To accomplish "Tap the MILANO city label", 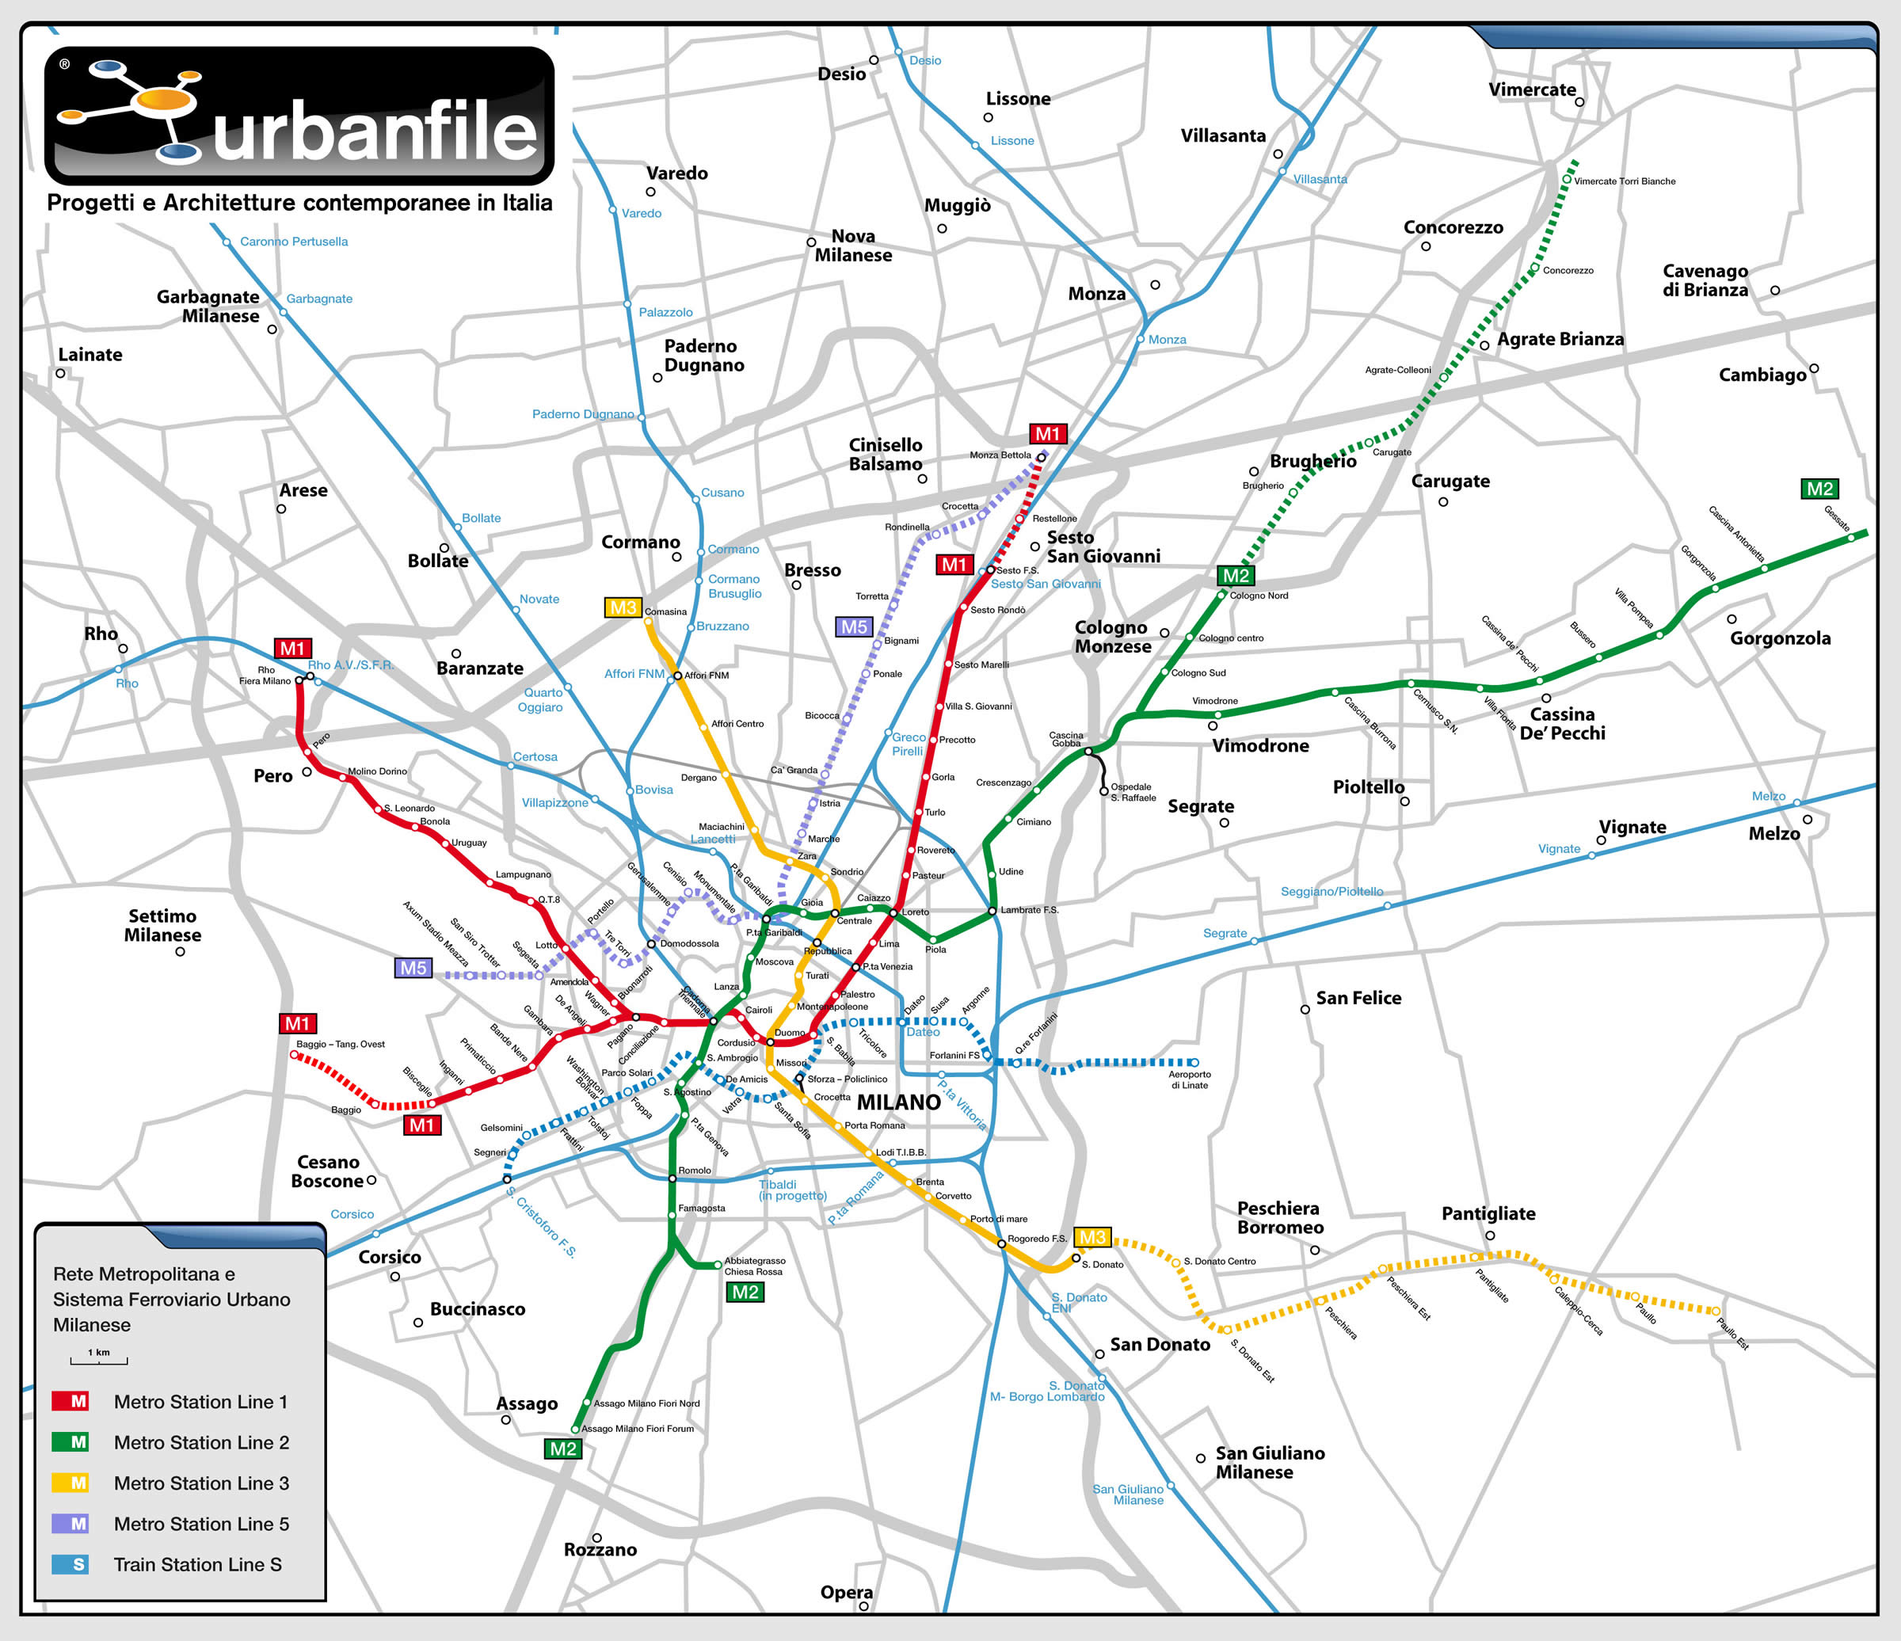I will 898,1102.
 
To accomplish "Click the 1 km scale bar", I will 99,1358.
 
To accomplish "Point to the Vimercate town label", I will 1531,89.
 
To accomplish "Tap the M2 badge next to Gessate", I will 1819,489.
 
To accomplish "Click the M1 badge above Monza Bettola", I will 1047,434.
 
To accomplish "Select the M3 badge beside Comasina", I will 623,607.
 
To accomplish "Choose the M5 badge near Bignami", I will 853,626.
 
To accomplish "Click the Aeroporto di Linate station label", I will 1189,1079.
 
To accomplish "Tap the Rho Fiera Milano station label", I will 265,675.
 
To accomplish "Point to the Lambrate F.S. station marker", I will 992,911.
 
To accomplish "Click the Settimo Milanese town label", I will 162,924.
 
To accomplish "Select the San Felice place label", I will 1358,998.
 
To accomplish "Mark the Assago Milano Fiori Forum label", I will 638,1428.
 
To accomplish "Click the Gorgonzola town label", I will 1780,638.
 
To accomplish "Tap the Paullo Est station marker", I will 1716,1311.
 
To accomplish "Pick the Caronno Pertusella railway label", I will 294,242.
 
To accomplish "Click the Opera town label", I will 846,1591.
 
